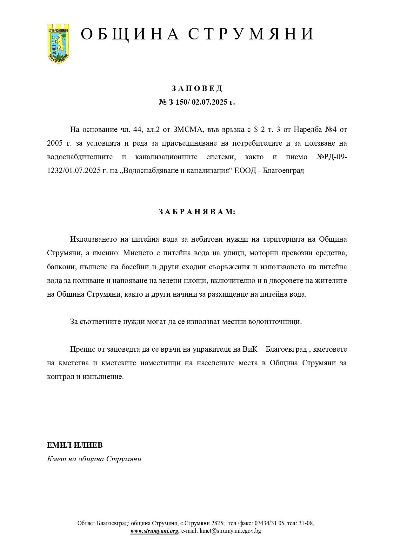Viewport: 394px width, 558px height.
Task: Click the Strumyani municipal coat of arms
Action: click(58, 43)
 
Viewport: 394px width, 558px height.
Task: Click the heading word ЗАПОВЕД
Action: click(197, 88)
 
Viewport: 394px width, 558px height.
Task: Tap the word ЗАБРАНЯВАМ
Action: click(197, 212)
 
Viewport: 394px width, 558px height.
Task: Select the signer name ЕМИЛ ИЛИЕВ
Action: click(75, 445)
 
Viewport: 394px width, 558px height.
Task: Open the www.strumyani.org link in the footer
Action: click(154, 531)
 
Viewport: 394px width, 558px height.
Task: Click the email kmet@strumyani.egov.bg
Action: click(230, 531)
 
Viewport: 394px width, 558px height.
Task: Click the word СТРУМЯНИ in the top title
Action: click(251, 34)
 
